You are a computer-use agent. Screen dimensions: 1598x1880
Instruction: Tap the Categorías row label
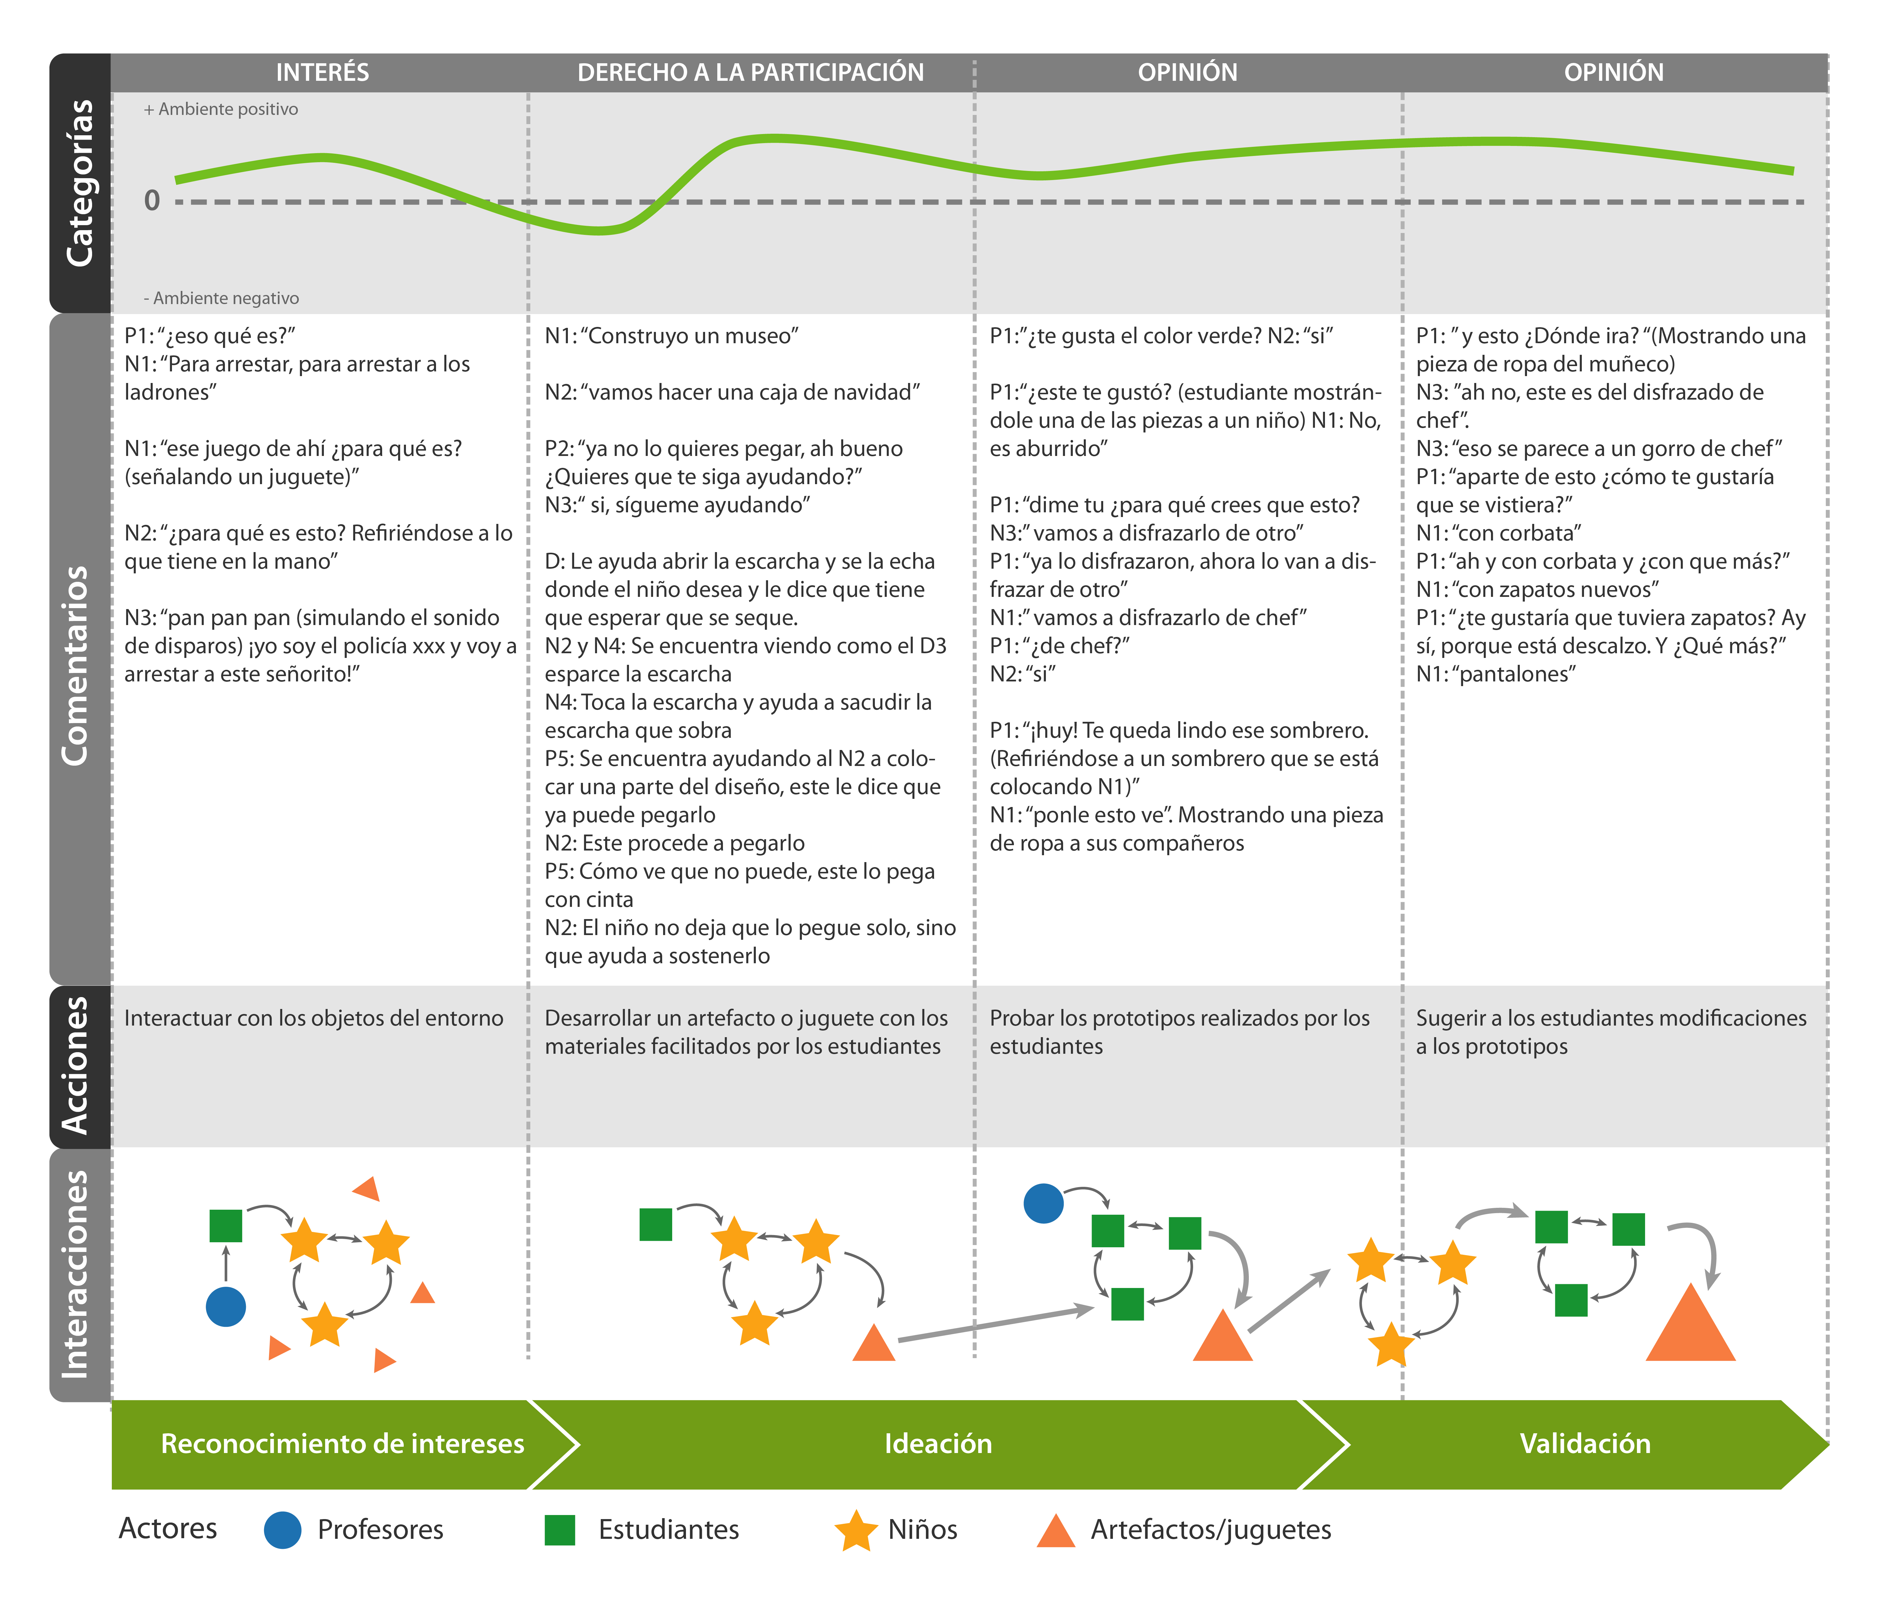point(80,183)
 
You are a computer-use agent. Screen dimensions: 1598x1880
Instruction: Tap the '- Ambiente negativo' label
point(221,298)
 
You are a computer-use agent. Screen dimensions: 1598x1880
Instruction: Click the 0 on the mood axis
point(152,200)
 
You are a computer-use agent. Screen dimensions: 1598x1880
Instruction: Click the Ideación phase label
point(938,1443)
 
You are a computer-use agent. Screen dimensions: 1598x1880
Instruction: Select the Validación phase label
point(1585,1443)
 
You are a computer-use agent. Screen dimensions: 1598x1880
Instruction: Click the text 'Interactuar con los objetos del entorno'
point(314,1018)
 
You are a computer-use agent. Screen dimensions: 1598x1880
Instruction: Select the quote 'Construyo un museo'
point(671,336)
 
